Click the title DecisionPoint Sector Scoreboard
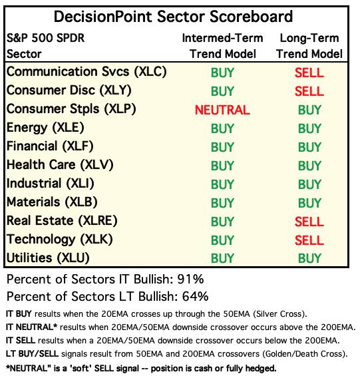[173, 17]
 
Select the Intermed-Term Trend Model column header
[222, 46]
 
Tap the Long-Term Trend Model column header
[309, 46]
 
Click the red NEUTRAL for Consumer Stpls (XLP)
[222, 110]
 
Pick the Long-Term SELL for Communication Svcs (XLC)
[309, 73]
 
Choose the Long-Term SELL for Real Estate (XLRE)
[309, 222]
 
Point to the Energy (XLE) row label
[45, 128]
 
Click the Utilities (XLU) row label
[48, 258]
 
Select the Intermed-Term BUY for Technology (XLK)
[222, 240]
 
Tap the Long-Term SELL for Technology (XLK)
[309, 240]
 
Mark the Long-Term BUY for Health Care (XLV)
[309, 166]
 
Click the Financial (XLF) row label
[50, 146]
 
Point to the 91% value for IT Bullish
[190, 279]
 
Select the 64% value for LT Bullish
[195, 296]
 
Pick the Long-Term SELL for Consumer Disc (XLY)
[309, 91]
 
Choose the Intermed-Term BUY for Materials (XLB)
[222, 203]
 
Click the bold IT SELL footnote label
[21, 341]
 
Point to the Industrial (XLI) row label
[50, 184]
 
